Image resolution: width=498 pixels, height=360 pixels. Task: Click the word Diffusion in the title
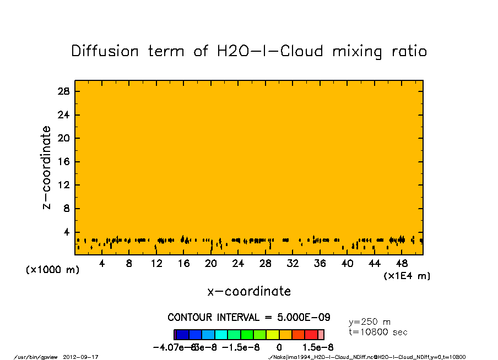tap(105, 51)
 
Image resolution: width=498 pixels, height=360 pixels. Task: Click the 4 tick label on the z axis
tap(67, 232)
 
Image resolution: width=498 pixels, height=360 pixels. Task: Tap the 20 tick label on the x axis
tap(211, 264)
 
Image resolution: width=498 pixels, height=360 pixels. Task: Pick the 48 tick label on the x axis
tap(402, 264)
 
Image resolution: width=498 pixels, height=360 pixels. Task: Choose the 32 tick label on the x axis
tap(293, 264)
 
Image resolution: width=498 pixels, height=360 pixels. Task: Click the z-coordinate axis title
tap(47, 167)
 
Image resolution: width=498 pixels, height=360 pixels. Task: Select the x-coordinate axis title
tap(249, 291)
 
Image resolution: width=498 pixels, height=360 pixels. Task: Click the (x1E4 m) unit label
tap(407, 276)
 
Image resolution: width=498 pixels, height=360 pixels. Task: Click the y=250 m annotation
tap(370, 322)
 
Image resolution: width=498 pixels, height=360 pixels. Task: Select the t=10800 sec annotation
tap(378, 332)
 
